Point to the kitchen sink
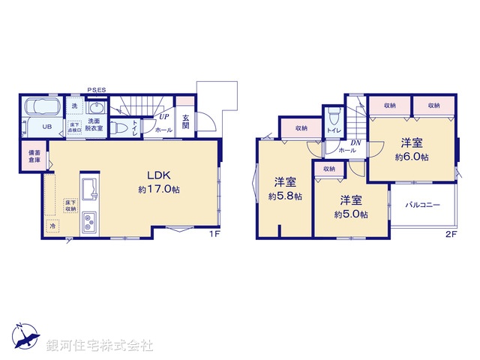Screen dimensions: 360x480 click(x=88, y=187)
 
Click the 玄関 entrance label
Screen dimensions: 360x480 click(x=185, y=122)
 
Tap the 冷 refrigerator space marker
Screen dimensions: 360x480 click(x=52, y=224)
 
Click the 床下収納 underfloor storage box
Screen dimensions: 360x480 click(x=70, y=205)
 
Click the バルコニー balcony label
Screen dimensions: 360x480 click(x=422, y=203)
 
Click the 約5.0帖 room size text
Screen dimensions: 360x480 click(x=350, y=214)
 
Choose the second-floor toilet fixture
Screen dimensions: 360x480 click(x=334, y=118)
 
